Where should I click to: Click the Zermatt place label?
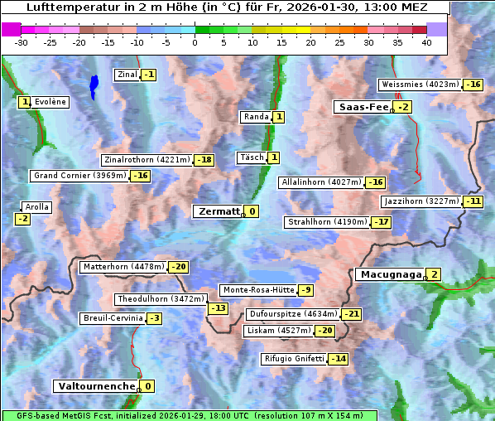tap(219, 211)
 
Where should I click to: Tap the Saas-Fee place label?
tap(363, 107)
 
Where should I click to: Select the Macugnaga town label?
tap(390, 274)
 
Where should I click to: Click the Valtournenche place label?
tap(95, 386)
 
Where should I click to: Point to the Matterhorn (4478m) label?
tap(123, 267)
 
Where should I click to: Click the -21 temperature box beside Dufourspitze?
tap(352, 315)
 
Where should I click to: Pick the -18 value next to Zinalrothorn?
tap(204, 160)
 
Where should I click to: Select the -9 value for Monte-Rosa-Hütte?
tap(306, 290)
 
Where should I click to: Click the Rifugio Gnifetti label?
tap(294, 359)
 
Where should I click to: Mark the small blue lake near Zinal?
tap(94, 85)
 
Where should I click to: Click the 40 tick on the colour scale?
tap(426, 43)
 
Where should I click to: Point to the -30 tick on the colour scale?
tap(22, 43)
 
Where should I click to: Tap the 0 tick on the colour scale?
tap(195, 43)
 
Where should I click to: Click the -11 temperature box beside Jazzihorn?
tap(473, 201)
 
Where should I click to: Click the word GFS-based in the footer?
tap(26, 415)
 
